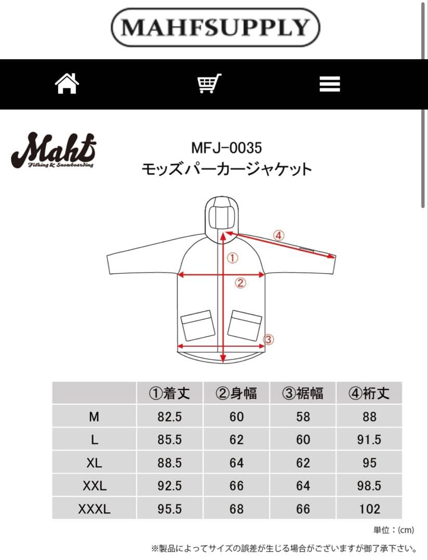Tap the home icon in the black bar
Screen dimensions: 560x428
(67, 83)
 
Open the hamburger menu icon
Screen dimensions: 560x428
(330, 84)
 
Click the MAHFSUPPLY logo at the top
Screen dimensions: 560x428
(215, 27)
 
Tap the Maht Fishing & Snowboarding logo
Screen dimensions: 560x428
(52, 150)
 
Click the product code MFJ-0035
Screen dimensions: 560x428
(226, 148)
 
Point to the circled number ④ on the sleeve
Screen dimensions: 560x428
(279, 235)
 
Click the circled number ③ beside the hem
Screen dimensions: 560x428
(268, 340)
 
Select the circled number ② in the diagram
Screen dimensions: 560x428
(240, 283)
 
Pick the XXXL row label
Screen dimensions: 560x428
(94, 509)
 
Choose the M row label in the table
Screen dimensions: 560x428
(94, 416)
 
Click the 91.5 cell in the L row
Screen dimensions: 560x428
(369, 440)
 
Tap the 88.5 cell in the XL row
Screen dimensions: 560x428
(169, 463)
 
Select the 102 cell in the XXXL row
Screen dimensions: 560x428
(369, 509)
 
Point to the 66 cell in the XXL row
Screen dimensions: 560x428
(236, 486)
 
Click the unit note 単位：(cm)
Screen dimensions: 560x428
(393, 530)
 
